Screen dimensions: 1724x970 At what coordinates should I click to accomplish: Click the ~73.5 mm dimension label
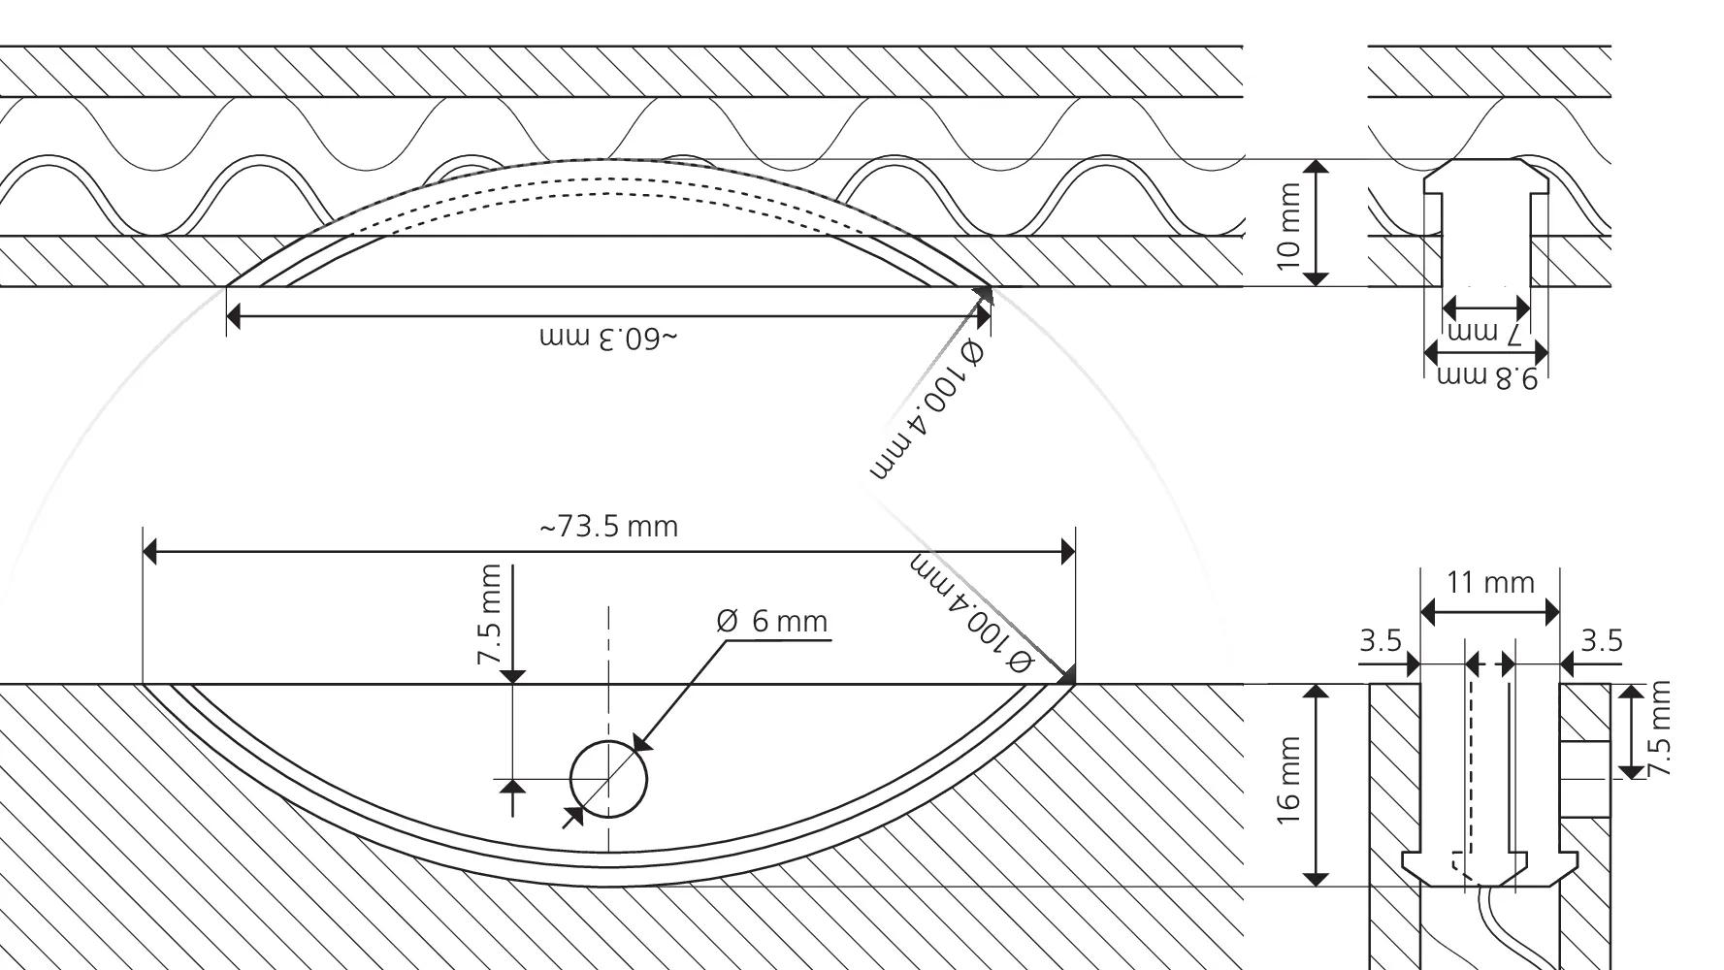[608, 527]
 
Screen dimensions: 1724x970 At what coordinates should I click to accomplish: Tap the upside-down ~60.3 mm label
[608, 339]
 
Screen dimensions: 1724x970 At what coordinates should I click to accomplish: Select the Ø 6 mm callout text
[772, 621]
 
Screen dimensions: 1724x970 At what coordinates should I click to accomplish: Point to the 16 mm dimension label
[1288, 782]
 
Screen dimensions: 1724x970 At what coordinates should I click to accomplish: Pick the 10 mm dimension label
[1288, 227]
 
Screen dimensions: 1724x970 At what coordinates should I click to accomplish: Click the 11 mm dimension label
[1490, 583]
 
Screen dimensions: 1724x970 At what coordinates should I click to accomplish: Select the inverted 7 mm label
[1484, 333]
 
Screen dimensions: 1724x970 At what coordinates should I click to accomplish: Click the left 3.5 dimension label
[1380, 641]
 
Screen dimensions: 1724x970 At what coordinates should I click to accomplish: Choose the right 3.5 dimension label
[1602, 640]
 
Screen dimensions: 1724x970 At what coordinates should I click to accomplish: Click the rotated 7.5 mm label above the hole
[491, 614]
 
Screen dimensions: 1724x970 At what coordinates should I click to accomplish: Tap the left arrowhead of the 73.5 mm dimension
[150, 551]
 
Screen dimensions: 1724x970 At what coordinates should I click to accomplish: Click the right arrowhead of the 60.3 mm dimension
[983, 315]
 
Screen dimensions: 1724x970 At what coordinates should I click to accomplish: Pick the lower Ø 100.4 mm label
[971, 613]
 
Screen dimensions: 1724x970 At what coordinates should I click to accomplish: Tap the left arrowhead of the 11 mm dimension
[1428, 613]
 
